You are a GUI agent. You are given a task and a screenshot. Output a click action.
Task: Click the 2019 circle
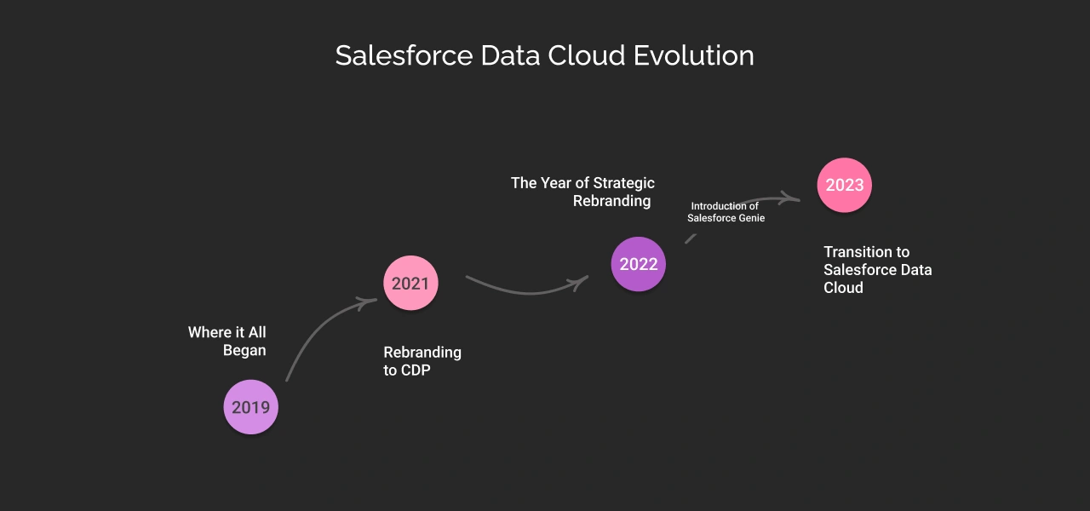250,407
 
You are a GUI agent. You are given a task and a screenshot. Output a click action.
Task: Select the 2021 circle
410,284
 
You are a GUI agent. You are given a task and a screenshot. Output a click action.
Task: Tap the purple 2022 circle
639,264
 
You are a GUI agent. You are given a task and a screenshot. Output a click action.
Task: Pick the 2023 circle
845,185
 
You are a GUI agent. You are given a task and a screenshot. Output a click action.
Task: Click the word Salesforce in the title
404,56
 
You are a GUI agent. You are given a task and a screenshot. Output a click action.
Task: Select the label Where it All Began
227,342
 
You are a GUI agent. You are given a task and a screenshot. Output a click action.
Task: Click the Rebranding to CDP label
422,361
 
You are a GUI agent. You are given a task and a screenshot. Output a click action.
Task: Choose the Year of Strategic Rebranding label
583,192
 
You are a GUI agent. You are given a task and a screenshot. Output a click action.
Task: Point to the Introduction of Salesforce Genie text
726,212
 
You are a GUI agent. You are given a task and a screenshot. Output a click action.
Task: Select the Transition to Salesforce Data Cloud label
877,270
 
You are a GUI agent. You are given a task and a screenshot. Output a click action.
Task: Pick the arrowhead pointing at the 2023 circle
794,199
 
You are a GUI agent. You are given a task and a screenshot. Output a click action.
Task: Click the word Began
244,351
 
